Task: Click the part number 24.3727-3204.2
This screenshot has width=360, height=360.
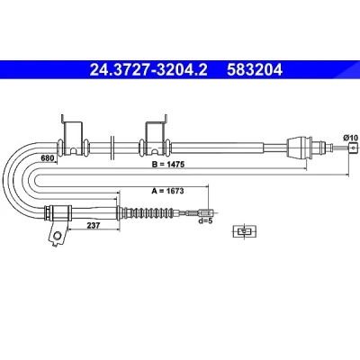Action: (148, 70)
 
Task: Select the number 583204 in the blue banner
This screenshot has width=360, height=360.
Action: (255, 70)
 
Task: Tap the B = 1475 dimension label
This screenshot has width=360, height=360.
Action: (169, 165)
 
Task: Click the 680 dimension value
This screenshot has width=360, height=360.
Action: (47, 157)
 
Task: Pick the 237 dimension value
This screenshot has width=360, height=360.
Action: (94, 225)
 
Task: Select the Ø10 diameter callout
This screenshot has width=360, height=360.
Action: (350, 138)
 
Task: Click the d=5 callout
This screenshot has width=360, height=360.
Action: (205, 221)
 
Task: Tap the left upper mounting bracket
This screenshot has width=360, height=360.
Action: (72, 135)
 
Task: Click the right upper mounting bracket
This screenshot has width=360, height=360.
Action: (156, 135)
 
